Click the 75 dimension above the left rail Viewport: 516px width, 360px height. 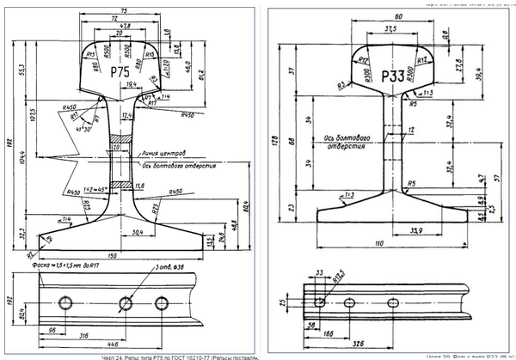coord(124,10)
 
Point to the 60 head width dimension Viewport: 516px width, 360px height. coord(397,16)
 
